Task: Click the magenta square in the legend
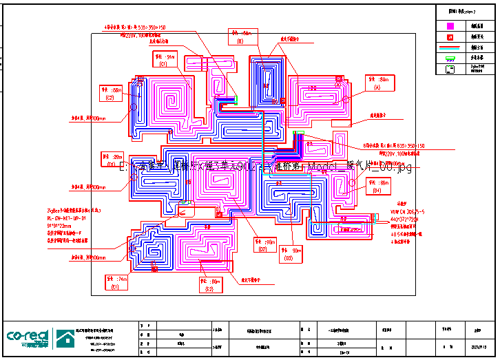pyautogui.click(x=450, y=25)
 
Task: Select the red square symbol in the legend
pyautogui.click(x=450, y=36)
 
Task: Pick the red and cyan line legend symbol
pyautogui.click(x=450, y=48)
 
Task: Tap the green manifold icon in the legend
pyautogui.click(x=450, y=59)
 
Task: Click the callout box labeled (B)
pyautogui.click(x=241, y=36)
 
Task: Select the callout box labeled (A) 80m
pyautogui.click(x=377, y=83)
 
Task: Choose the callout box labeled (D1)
pyautogui.click(x=112, y=160)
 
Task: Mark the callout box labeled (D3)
pyautogui.click(x=292, y=253)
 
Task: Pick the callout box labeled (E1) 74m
pyautogui.click(x=115, y=282)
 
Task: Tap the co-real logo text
pyautogui.click(x=28, y=337)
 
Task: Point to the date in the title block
pyautogui.click(x=477, y=348)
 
